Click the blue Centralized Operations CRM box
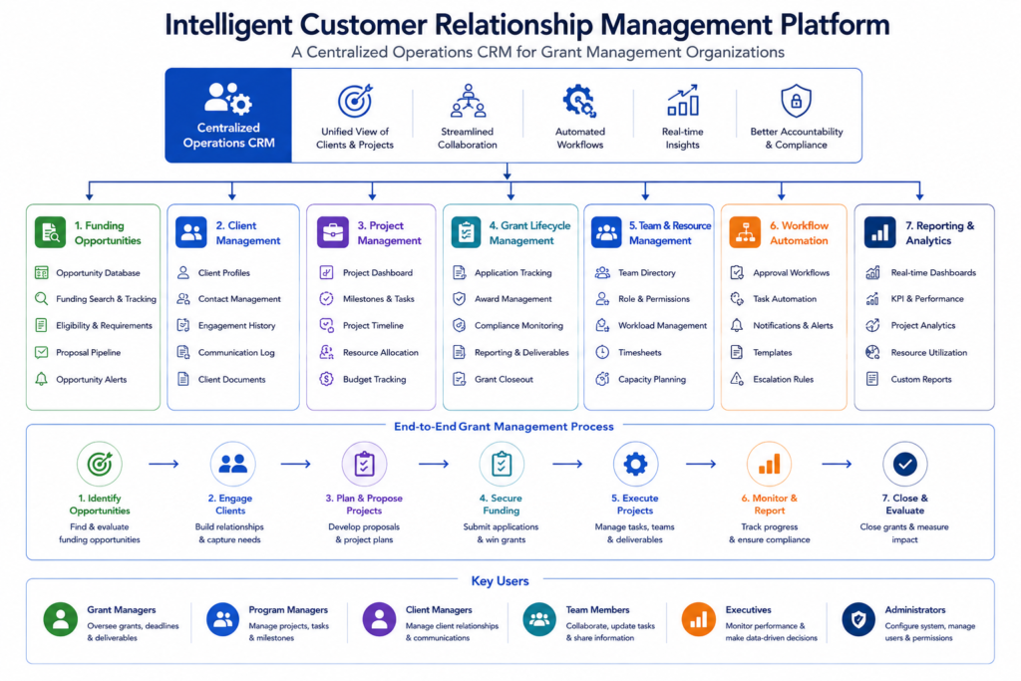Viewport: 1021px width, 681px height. (228, 116)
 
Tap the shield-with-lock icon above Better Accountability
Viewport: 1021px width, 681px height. (796, 101)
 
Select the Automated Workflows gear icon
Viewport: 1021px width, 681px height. (579, 101)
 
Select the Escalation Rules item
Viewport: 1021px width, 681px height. (772, 379)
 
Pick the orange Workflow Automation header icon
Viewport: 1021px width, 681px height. (745, 232)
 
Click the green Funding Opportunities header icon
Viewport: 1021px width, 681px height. (50, 232)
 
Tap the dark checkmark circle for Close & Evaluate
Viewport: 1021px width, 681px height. (904, 465)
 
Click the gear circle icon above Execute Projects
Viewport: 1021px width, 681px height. (635, 465)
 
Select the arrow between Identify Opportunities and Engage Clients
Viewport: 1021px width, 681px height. (164, 465)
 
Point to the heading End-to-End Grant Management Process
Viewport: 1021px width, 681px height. (504, 427)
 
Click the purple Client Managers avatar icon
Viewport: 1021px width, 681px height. (379, 619)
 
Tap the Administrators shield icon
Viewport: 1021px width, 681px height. (858, 619)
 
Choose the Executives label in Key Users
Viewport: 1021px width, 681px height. (748, 610)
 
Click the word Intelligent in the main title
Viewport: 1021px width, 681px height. (228, 26)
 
